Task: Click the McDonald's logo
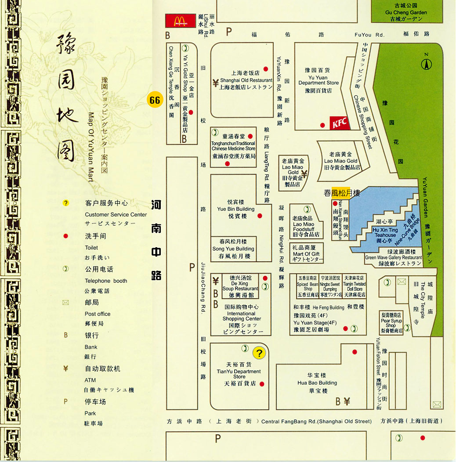tap(180, 21)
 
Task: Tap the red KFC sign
tap(340, 123)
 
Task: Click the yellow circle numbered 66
tap(155, 100)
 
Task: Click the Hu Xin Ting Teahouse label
tap(385, 233)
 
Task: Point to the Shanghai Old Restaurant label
tap(240, 80)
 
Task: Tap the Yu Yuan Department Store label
tap(318, 80)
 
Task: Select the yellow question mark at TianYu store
tap(259, 353)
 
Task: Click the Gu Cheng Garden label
tap(406, 12)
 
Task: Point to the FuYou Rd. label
tap(369, 35)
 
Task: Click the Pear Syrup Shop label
tap(391, 323)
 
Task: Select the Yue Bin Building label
tap(235, 209)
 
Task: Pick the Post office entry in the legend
tap(98, 314)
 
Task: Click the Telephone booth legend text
tap(106, 281)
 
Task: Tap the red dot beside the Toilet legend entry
tap(65, 236)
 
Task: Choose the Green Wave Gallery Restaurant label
tap(394, 258)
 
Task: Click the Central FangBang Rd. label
tap(316, 422)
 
